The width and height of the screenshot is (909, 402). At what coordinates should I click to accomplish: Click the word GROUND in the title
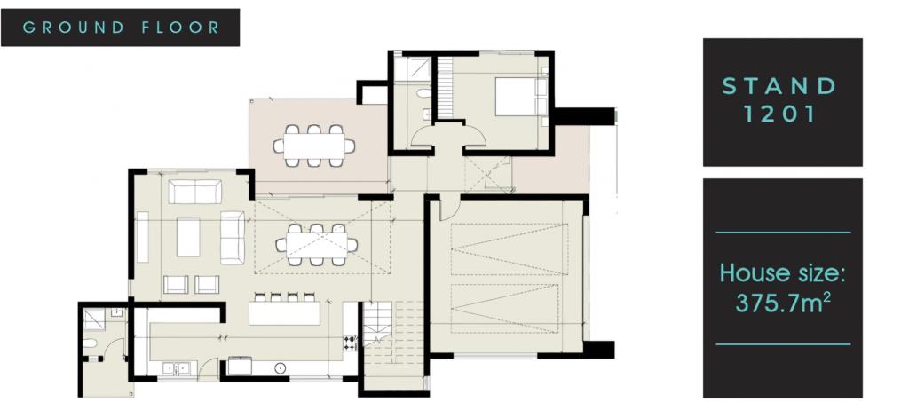(x=74, y=28)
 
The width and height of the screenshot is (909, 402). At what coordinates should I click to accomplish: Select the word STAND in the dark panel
(x=779, y=86)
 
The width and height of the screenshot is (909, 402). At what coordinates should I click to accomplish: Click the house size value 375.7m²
(x=780, y=302)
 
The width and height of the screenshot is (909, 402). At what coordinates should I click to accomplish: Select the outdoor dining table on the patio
(x=314, y=146)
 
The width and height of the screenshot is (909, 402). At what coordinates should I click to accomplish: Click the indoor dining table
(x=317, y=244)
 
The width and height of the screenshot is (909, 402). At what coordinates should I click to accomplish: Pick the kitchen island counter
(x=284, y=313)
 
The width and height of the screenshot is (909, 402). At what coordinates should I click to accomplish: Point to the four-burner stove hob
(x=350, y=343)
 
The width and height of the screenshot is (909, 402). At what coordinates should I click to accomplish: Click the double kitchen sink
(x=178, y=367)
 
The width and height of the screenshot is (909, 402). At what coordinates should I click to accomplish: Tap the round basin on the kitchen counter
(x=280, y=367)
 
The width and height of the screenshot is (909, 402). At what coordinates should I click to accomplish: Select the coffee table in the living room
(x=188, y=237)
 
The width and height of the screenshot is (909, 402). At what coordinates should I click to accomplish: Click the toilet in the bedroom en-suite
(x=423, y=92)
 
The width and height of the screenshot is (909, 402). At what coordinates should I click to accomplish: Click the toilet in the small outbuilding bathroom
(x=90, y=343)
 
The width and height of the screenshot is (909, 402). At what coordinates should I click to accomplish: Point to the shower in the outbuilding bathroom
(x=93, y=319)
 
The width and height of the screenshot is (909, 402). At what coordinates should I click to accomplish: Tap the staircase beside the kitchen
(x=377, y=325)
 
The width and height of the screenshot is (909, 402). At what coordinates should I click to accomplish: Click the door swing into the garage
(x=450, y=209)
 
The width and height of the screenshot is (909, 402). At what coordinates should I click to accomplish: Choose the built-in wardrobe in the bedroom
(x=445, y=89)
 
